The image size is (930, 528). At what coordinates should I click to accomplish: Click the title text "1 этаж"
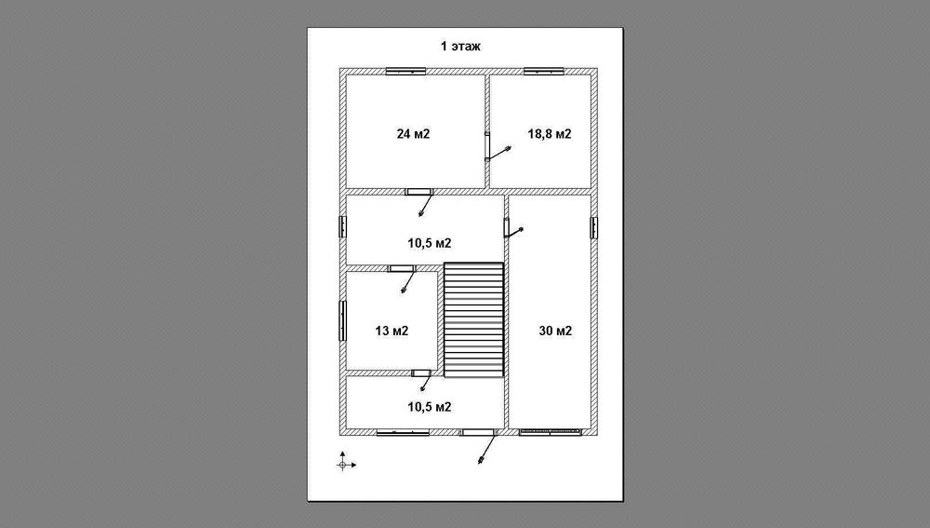(460, 47)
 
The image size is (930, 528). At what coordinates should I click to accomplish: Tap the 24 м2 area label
(414, 134)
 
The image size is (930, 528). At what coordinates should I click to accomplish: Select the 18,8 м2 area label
(550, 134)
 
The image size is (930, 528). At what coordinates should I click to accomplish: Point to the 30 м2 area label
(555, 331)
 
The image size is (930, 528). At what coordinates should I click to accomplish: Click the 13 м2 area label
(392, 331)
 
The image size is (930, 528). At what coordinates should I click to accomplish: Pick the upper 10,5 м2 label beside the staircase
(430, 243)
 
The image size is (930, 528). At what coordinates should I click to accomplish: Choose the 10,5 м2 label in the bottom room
(430, 407)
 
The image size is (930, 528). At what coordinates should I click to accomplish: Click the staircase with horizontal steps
(474, 320)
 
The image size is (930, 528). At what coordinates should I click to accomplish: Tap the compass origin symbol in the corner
(343, 465)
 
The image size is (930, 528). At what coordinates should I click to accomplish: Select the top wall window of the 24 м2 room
(405, 72)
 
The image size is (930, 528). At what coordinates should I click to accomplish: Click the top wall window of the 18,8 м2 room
(543, 72)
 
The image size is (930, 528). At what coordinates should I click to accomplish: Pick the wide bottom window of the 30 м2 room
(550, 432)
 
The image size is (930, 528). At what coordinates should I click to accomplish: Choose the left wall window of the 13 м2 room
(342, 320)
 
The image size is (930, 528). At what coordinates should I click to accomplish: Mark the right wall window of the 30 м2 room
(593, 227)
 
